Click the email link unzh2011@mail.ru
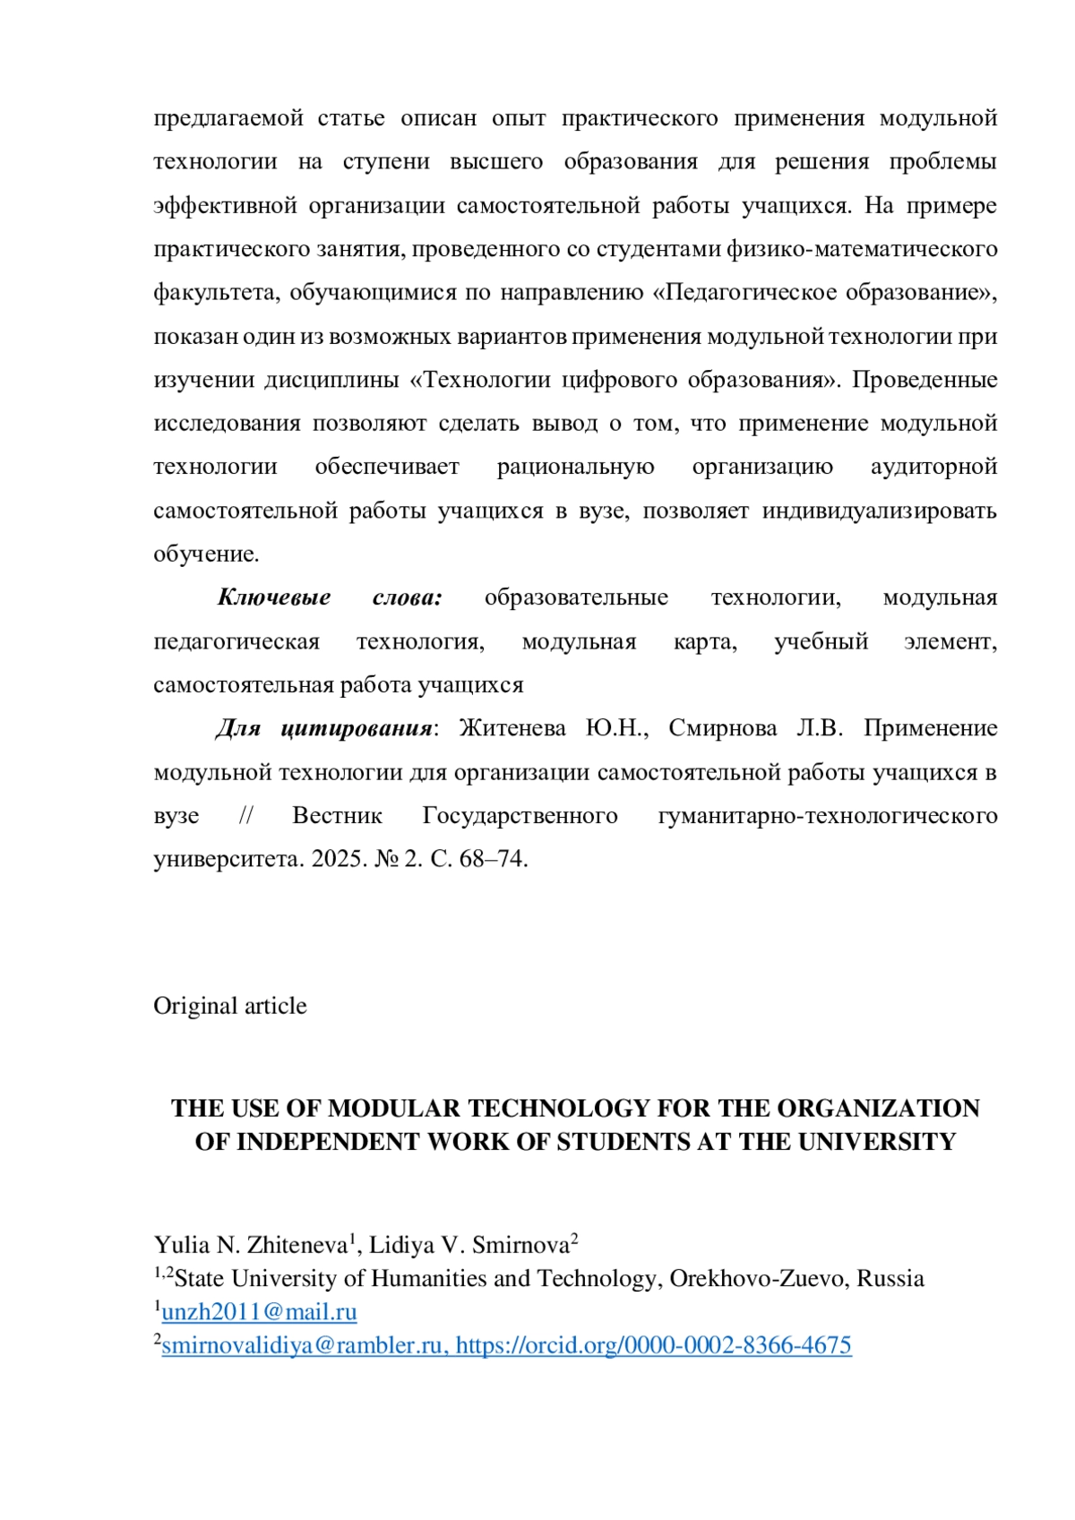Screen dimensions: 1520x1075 click(x=259, y=1312)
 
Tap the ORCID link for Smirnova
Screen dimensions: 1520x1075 click(x=653, y=1345)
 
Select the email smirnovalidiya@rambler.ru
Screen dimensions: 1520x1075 click(x=305, y=1345)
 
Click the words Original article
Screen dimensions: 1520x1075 click(x=230, y=1006)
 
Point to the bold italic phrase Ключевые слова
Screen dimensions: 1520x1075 click(x=330, y=597)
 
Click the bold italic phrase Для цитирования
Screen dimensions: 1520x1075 click(x=324, y=728)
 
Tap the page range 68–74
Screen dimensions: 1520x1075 click(x=492, y=859)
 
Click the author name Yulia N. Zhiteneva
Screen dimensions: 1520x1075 click(x=250, y=1246)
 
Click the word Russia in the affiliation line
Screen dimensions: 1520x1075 click(x=890, y=1279)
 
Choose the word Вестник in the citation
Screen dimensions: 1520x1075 click(x=337, y=816)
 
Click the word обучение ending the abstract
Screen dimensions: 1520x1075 click(x=205, y=554)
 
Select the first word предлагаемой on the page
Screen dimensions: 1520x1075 click(x=228, y=118)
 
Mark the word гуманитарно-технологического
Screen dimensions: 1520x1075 click(x=827, y=816)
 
